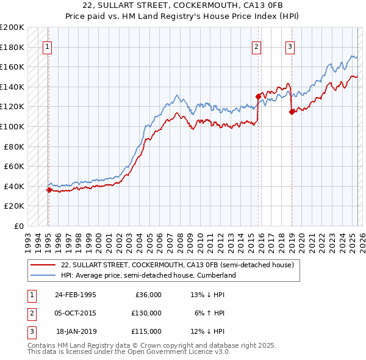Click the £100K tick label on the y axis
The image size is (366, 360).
tap(12, 126)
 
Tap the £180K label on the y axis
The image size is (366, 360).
tap(12, 47)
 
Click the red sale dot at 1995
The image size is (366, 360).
tap(49, 190)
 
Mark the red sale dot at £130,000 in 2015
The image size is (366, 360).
tap(258, 96)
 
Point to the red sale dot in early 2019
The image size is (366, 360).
tap(292, 112)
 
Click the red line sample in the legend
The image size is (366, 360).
tap(42, 265)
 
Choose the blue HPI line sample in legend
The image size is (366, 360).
tap(42, 275)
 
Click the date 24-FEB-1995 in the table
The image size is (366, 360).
tap(75, 295)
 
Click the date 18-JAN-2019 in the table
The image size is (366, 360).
tap(76, 331)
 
